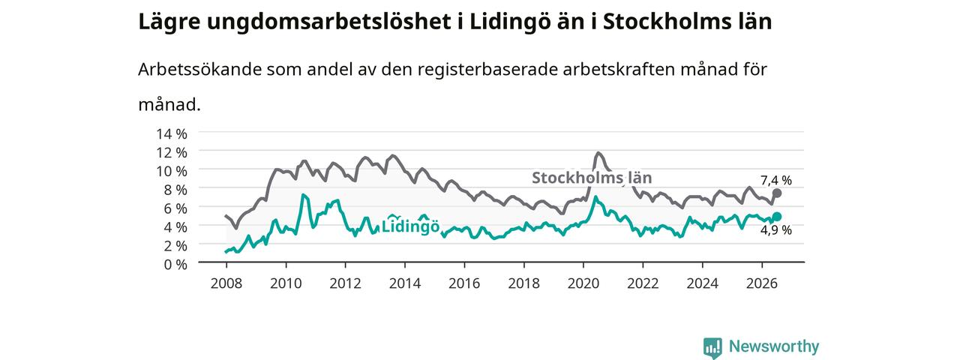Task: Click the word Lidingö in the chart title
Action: tap(509, 22)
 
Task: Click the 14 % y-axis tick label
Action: tap(172, 134)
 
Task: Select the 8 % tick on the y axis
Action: tap(175, 190)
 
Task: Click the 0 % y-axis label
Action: tap(175, 265)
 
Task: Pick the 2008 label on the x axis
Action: tap(226, 283)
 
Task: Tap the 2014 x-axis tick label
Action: tap(404, 283)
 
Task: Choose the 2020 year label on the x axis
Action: tap(583, 283)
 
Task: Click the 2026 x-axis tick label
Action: tap(761, 283)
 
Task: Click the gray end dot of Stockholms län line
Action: tap(776, 193)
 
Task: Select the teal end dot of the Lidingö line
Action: tap(776, 217)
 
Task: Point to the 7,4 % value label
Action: tap(776, 181)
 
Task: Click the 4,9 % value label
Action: tap(776, 230)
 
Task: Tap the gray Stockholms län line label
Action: tap(592, 178)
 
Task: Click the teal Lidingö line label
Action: tap(410, 226)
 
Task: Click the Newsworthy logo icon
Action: tap(712, 347)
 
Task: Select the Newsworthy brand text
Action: tap(774, 346)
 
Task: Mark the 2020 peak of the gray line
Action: tap(598, 152)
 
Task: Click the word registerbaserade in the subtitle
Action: tap(487, 70)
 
